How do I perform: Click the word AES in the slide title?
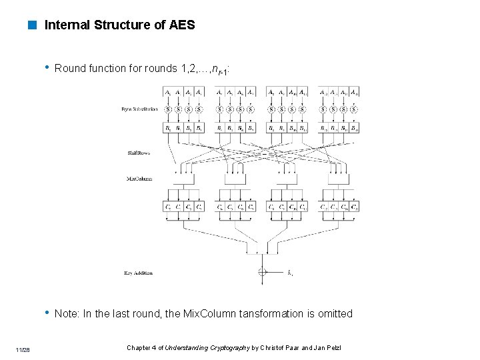pyautogui.click(x=182, y=25)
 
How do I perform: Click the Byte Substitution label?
pyautogui.click(x=140, y=109)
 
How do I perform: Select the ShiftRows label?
pyautogui.click(x=139, y=153)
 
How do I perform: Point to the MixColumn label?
pyautogui.click(x=139, y=179)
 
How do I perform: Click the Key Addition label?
pyautogui.click(x=139, y=272)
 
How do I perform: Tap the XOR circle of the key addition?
pyautogui.click(x=262, y=271)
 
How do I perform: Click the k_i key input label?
pyautogui.click(x=290, y=272)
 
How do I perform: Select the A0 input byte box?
pyautogui.click(x=167, y=93)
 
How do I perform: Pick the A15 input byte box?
pyautogui.click(x=354, y=93)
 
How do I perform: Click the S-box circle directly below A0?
pyautogui.click(x=167, y=109)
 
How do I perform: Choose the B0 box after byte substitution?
pyautogui.click(x=167, y=127)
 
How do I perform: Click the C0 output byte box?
pyautogui.click(x=167, y=207)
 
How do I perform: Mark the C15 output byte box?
pyautogui.click(x=354, y=207)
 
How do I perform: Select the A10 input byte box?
pyautogui.click(x=292, y=93)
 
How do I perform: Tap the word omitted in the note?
pyautogui.click(x=335, y=314)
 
